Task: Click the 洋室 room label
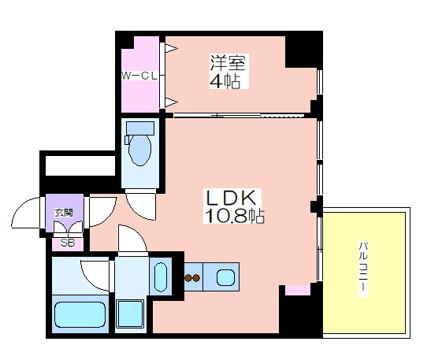click(228, 63)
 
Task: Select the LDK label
click(231, 198)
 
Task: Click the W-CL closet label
click(139, 76)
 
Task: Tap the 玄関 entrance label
click(64, 213)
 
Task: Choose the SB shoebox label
click(68, 243)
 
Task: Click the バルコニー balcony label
click(363, 269)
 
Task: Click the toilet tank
click(140, 128)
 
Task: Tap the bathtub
click(80, 314)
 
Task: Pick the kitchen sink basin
click(225, 277)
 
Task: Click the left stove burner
click(188, 278)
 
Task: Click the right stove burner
click(196, 278)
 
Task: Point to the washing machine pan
click(130, 314)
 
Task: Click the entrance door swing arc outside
click(21, 207)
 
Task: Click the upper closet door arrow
click(171, 49)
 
